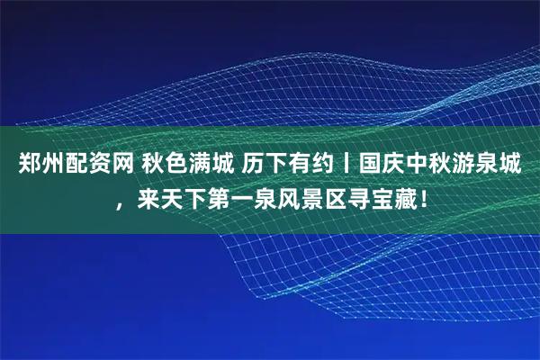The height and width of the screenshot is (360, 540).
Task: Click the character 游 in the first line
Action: (463, 165)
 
